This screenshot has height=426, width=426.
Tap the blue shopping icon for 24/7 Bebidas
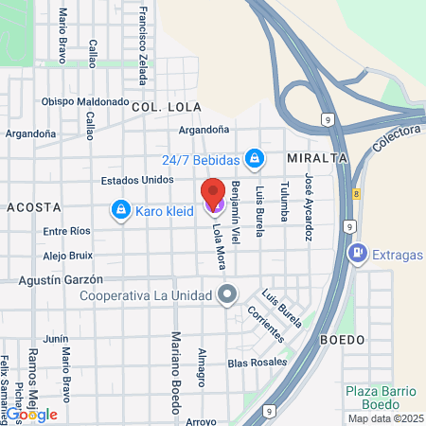pos(254,157)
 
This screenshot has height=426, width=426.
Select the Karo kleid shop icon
pos(121,209)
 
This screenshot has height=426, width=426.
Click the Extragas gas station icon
pos(357,253)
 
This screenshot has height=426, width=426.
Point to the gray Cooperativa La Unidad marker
pos(226,294)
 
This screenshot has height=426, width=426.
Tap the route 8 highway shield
pos(357,193)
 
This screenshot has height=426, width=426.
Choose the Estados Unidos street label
pos(136,180)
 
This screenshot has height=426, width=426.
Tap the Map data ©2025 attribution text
pos(384,418)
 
